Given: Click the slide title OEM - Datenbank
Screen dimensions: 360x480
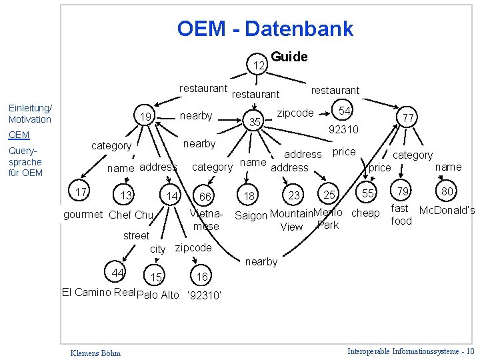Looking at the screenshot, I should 265,29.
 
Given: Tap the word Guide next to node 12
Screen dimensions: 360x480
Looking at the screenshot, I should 289,57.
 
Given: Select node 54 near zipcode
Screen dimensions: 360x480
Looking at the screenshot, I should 344,110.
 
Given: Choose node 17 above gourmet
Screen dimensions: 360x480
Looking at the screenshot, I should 83,193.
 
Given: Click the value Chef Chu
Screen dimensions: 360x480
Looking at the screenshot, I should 131,215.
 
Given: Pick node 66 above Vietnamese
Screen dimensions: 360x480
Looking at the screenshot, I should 205,196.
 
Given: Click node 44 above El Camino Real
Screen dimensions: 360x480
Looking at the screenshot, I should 118,273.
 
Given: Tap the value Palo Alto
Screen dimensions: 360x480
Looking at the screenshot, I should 158,295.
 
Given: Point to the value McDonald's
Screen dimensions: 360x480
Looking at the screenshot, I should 447,211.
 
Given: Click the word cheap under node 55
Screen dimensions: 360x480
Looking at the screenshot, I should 365,213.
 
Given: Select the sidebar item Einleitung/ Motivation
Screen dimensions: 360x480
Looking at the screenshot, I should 29,114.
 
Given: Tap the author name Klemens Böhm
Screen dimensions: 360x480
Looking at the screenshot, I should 95,352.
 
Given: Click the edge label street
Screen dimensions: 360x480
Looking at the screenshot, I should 136,235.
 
